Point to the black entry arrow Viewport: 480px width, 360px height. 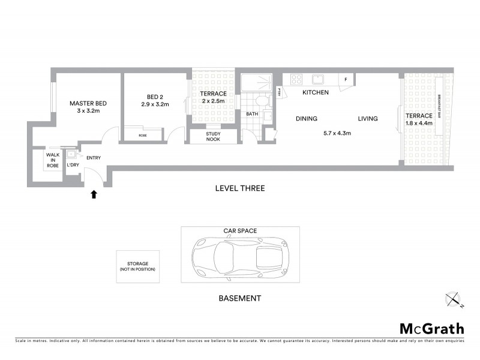(x=93, y=194)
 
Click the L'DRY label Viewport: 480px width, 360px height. (x=73, y=165)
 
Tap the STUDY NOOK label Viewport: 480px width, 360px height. (x=212, y=137)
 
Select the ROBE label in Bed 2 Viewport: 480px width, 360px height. (x=142, y=136)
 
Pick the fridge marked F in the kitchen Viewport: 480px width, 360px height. (x=346, y=80)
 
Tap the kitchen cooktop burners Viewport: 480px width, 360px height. (x=295, y=79)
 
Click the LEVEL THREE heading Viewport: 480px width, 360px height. (x=239, y=188)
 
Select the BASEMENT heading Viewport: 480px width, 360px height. (x=239, y=298)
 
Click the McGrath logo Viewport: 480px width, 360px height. (x=432, y=328)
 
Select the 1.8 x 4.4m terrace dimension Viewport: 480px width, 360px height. (x=418, y=125)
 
